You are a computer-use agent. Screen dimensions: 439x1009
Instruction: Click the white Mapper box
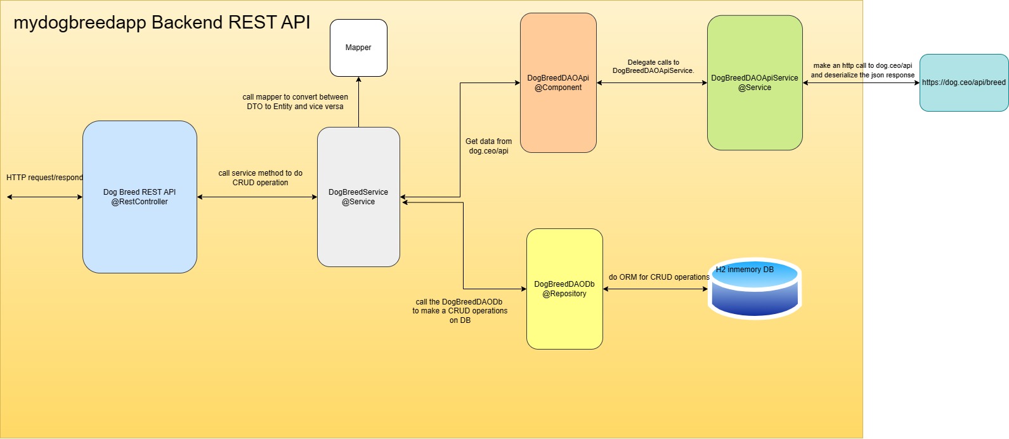click(x=358, y=48)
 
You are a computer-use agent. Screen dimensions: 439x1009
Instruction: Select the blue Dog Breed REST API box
click(x=140, y=197)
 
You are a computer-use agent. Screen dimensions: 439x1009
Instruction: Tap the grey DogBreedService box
click(x=358, y=197)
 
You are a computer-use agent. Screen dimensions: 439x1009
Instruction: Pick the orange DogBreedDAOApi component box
click(x=558, y=83)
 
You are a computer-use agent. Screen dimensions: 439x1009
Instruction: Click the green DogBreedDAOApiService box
click(x=755, y=83)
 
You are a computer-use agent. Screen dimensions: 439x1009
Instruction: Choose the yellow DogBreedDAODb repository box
click(x=564, y=289)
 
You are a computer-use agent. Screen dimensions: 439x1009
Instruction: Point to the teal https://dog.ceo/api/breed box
click(x=964, y=82)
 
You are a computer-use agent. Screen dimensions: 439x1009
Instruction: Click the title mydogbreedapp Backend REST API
click(x=162, y=23)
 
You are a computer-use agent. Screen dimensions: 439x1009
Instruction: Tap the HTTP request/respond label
click(x=44, y=178)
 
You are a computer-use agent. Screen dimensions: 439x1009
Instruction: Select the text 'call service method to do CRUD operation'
click(x=261, y=178)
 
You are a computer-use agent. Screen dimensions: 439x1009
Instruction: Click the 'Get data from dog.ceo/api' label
click(x=488, y=146)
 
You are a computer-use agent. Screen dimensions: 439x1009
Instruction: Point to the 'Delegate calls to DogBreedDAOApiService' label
click(x=653, y=67)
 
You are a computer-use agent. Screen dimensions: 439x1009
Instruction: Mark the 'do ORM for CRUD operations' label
click(x=659, y=277)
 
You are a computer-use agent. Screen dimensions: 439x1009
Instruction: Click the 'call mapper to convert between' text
click(x=295, y=97)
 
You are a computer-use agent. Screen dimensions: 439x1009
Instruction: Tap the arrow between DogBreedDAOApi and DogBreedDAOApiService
click(x=652, y=82)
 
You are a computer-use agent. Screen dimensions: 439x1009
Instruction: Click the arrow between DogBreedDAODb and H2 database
click(x=655, y=289)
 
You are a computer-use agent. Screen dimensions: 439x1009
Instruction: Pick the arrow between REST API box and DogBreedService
click(x=257, y=197)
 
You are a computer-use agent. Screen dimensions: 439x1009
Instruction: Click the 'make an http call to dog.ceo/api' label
click(x=863, y=65)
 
